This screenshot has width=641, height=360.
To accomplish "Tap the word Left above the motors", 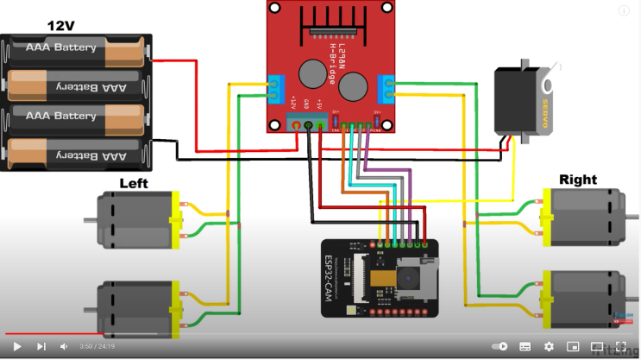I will click(133, 183).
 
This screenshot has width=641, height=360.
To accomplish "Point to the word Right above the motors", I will click(577, 180).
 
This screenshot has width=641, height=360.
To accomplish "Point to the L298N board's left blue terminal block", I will click(276, 87).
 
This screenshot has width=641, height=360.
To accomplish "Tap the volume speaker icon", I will click(64, 346).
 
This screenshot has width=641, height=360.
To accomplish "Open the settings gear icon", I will click(549, 346).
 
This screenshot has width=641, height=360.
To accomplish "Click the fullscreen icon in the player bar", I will click(620, 346).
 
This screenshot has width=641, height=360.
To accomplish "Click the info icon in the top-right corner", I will click(624, 10).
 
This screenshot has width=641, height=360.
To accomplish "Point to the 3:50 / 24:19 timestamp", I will click(97, 346).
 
